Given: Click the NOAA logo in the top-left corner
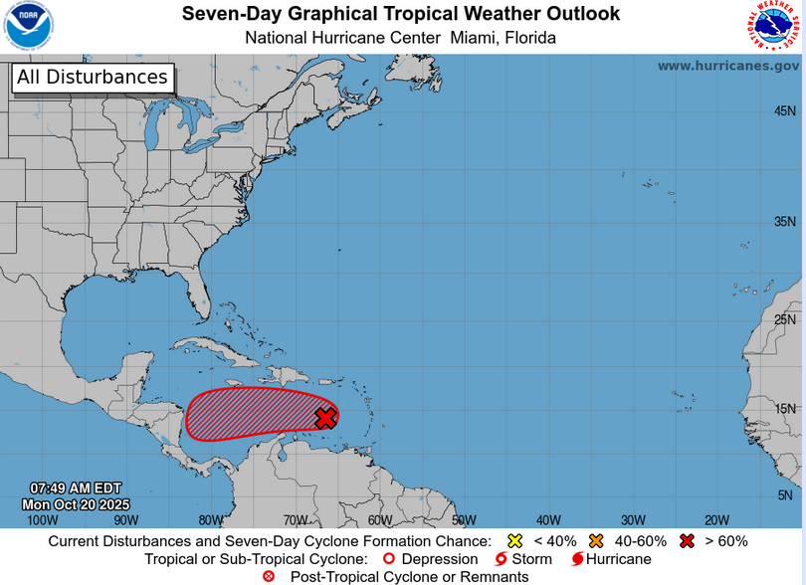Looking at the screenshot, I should click(29, 27).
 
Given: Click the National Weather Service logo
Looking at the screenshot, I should click(776, 27).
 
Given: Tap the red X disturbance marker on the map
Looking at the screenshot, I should click(325, 418).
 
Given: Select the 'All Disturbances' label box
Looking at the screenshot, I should click(93, 78).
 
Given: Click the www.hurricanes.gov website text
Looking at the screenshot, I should click(727, 66).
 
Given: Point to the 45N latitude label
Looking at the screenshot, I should click(785, 111).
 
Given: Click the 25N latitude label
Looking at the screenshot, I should click(785, 319).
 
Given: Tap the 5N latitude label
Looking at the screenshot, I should click(785, 494).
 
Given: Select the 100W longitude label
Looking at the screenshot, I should click(42, 519).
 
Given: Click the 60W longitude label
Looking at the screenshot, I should click(379, 519).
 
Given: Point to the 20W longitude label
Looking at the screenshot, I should click(717, 519).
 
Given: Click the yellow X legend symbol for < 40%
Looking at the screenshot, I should click(515, 541).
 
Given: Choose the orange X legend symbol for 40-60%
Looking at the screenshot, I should click(597, 541).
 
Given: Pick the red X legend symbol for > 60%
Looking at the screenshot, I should click(687, 541).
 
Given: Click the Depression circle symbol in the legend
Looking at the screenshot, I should click(390, 559).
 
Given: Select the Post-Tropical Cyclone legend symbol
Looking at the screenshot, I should click(269, 576).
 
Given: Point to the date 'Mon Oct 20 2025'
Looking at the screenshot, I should click(76, 504).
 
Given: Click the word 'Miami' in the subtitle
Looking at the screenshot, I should click(472, 38).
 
